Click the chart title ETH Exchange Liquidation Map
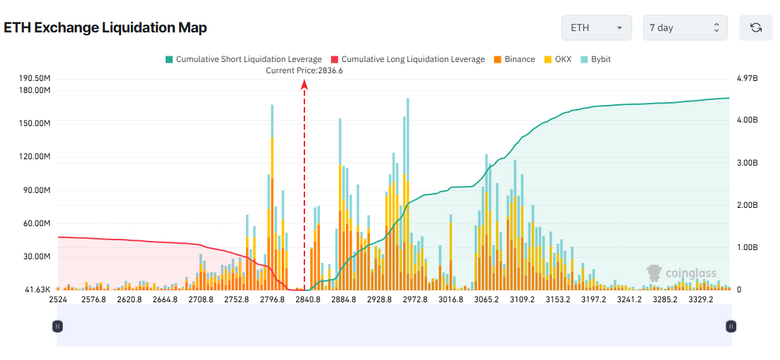(105, 27)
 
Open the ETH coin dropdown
(596, 27)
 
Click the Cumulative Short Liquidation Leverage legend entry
(243, 59)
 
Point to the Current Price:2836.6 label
(304, 70)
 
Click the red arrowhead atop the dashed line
(304, 84)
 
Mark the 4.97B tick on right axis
(747, 78)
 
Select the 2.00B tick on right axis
(747, 205)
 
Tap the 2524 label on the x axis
(58, 299)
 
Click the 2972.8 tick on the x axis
(415, 299)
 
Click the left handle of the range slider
(58, 326)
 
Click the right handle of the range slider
(731, 326)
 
